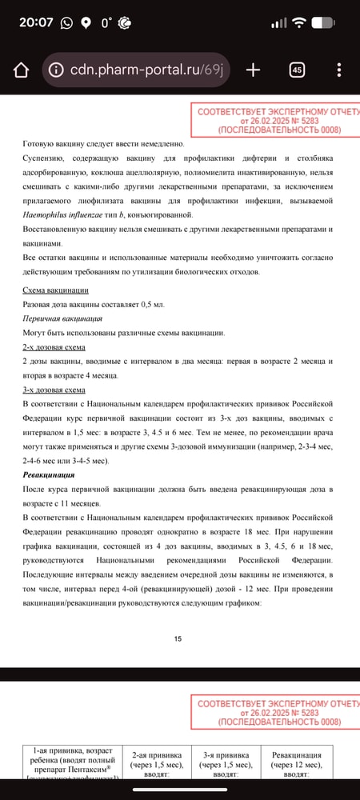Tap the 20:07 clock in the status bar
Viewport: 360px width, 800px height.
35,22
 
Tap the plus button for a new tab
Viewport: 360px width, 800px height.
253,70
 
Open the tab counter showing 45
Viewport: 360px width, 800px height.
297,70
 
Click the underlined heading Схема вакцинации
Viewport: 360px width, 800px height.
55,290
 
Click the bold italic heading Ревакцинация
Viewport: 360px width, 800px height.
49,475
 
